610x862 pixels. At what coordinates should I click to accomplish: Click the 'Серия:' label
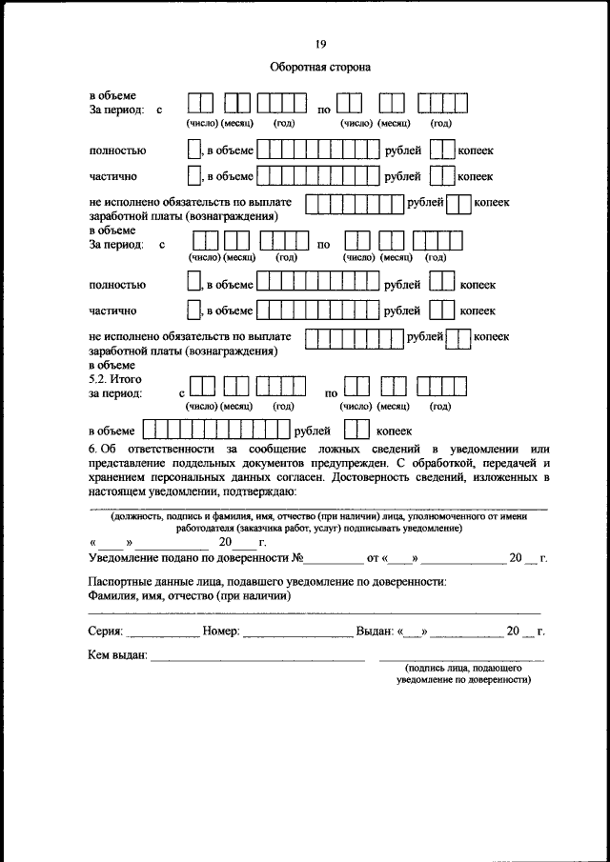point(106,631)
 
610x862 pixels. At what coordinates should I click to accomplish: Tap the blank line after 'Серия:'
point(162,633)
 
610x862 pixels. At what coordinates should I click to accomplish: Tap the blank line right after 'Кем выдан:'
point(257,658)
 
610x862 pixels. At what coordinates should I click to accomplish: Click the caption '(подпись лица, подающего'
point(461,670)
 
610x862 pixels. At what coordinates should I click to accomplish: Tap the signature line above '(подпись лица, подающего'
point(461,658)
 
